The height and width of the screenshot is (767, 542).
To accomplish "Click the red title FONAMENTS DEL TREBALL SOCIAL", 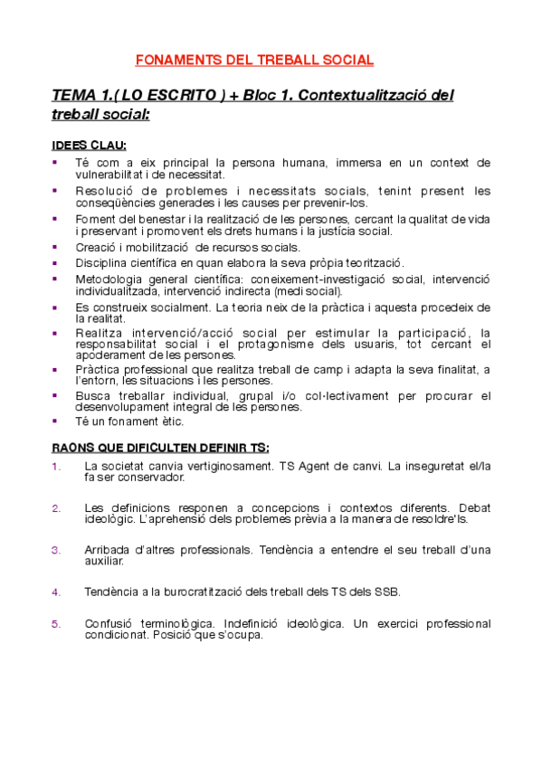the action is tap(254, 61).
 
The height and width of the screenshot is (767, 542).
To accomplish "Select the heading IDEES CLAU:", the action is tap(89, 146).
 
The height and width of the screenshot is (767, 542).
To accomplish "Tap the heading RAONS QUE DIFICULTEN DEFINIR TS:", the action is tap(160, 448).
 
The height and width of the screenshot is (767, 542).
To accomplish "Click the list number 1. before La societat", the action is tap(57, 467).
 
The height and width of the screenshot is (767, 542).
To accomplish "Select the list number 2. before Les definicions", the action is tap(57, 507).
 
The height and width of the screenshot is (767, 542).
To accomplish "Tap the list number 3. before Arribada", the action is tap(57, 550).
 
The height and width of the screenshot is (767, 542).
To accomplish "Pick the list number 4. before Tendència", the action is tap(57, 592).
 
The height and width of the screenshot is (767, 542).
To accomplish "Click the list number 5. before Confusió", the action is tap(57, 624).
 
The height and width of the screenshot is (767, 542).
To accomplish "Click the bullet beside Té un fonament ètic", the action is tap(55, 421).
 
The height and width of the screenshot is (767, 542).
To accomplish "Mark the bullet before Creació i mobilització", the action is tap(55, 247).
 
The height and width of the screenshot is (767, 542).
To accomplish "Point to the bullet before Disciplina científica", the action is tap(55, 261).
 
